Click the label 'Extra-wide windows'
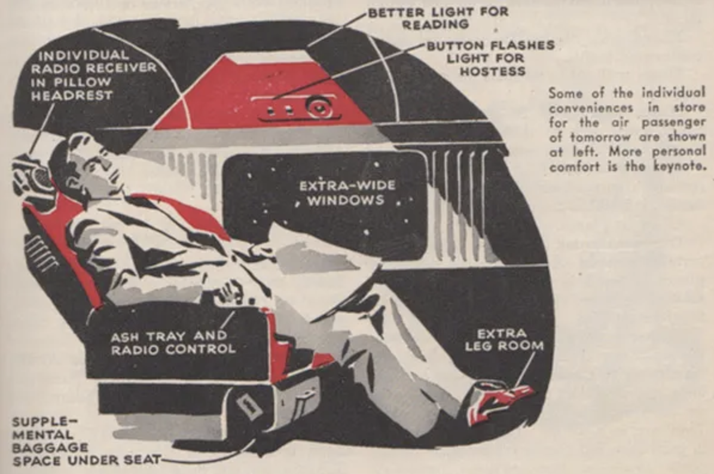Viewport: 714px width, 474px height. (x=347, y=192)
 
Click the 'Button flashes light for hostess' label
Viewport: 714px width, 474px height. (x=490, y=58)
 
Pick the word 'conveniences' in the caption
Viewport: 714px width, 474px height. (x=582, y=108)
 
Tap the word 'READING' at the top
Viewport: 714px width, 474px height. (x=435, y=25)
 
